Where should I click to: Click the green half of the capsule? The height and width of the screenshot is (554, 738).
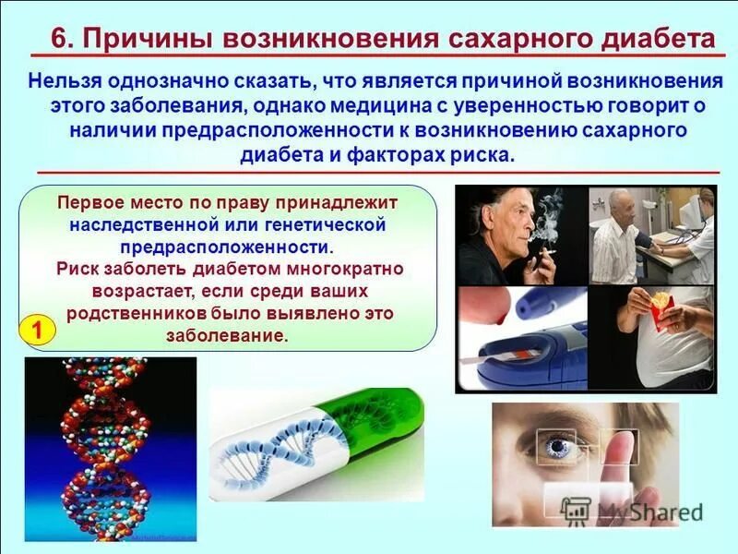coord(387,420)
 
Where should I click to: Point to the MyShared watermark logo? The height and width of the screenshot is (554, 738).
coord(637,511)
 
